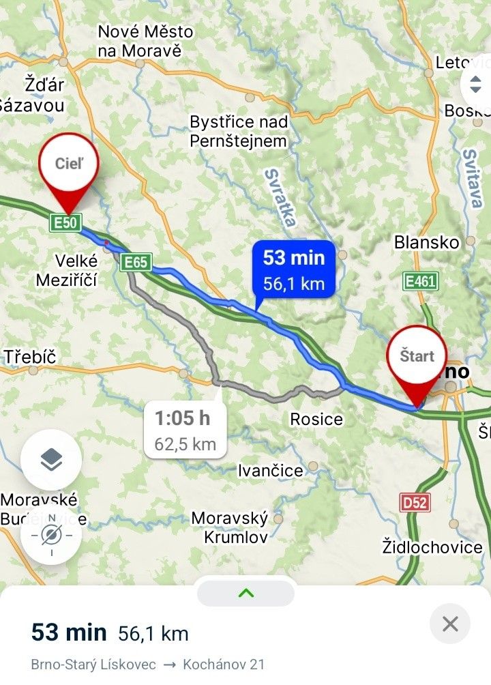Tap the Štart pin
tap(416, 357)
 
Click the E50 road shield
tap(66, 222)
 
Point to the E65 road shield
tap(135, 262)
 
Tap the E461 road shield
tap(420, 281)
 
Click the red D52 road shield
tap(415, 503)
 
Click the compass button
tap(51, 535)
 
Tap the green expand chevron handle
tap(245, 593)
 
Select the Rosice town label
tap(316, 418)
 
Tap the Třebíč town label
tap(29, 356)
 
